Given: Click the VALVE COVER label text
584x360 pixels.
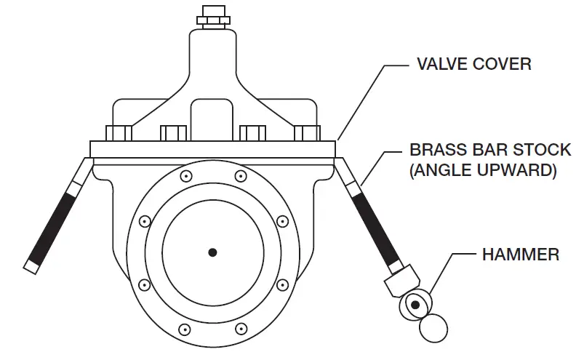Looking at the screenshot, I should click(473, 64).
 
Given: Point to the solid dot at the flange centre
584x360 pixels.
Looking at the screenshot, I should click(212, 252).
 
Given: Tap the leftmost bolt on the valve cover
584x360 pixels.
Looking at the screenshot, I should click(119, 133).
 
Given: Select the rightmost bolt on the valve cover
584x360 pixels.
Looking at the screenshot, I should click(305, 133).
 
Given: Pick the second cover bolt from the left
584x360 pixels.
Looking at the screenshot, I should click(173, 133).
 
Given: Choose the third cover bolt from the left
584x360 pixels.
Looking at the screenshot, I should click(252, 133).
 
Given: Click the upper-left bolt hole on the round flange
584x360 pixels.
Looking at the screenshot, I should click(186, 176).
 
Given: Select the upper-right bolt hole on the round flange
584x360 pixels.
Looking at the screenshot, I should click(239, 176).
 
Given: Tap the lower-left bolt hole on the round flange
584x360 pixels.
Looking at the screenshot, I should click(144, 284).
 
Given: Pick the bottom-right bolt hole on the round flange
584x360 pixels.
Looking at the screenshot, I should click(281, 284).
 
